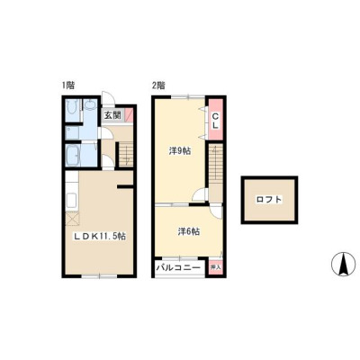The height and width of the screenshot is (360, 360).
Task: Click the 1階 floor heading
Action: tap(68, 85)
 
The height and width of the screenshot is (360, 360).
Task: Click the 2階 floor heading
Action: tap(158, 85)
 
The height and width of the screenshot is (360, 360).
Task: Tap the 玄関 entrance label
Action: tap(112, 115)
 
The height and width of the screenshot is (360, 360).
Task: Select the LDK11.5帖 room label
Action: tap(100, 237)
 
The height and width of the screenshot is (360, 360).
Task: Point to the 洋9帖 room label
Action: tap(180, 151)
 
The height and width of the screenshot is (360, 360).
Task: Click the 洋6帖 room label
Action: tap(189, 231)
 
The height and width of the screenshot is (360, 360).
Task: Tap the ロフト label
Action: tap(269, 200)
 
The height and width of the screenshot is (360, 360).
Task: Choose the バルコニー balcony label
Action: tap(178, 266)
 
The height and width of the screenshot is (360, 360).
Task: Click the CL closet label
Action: tap(215, 120)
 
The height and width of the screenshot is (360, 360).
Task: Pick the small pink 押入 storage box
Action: tap(215, 266)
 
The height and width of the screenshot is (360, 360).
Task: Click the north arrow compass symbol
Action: tap(343, 263)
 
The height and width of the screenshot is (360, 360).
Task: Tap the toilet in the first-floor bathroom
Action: tap(72, 107)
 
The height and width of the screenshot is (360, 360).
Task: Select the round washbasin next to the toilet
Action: tap(90, 105)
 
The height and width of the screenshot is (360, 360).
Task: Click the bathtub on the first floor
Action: tap(73, 155)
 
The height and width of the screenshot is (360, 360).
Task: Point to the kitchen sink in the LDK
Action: tap(72, 200)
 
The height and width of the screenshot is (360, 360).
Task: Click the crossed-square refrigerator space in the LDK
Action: tap(72, 218)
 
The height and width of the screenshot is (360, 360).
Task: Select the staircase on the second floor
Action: tap(216, 163)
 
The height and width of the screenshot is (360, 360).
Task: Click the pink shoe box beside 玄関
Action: tap(129, 115)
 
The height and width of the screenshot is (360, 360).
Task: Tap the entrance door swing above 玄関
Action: tap(107, 98)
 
